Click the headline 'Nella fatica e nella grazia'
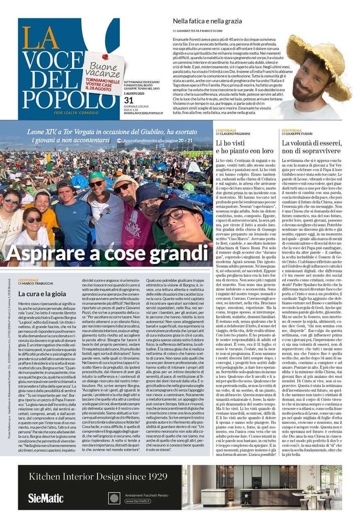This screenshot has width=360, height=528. tap(207, 21)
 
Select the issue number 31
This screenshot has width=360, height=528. tap(129, 101)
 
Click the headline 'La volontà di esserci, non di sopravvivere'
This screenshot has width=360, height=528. tap(312, 147)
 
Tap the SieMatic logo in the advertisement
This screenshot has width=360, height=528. tap(46, 498)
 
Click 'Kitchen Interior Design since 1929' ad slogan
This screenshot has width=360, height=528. tap(98, 476)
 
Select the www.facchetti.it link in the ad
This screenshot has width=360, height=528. tap(137, 501)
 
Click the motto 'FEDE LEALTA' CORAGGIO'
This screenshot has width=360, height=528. tap(76, 113)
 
